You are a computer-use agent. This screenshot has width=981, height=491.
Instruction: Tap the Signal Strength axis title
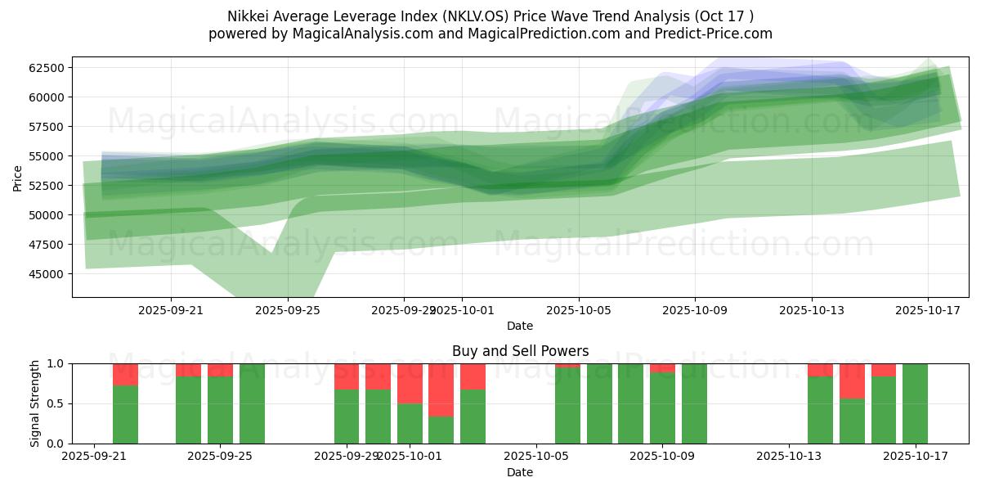pos(34,403)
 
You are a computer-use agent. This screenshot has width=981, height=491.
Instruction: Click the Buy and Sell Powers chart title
pos(520,351)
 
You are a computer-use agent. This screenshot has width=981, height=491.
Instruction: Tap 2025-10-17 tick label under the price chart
pos(928,310)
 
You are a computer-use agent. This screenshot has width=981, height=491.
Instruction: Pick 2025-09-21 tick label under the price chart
pos(171,310)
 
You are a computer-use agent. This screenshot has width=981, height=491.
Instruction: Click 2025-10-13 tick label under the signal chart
pos(789,457)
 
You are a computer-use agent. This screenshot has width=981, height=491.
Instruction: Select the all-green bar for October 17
pos(915,403)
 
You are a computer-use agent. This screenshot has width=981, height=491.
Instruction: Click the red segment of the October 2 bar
pos(441,390)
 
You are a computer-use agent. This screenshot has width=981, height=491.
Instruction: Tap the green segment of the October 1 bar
pos(410,423)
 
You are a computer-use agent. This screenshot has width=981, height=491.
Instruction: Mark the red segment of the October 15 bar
pos(852,381)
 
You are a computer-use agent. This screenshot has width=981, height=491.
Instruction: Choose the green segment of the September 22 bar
pos(125,414)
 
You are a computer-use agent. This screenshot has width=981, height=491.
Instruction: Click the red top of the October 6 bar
pos(567,366)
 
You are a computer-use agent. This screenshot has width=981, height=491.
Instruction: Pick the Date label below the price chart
pos(520,326)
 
